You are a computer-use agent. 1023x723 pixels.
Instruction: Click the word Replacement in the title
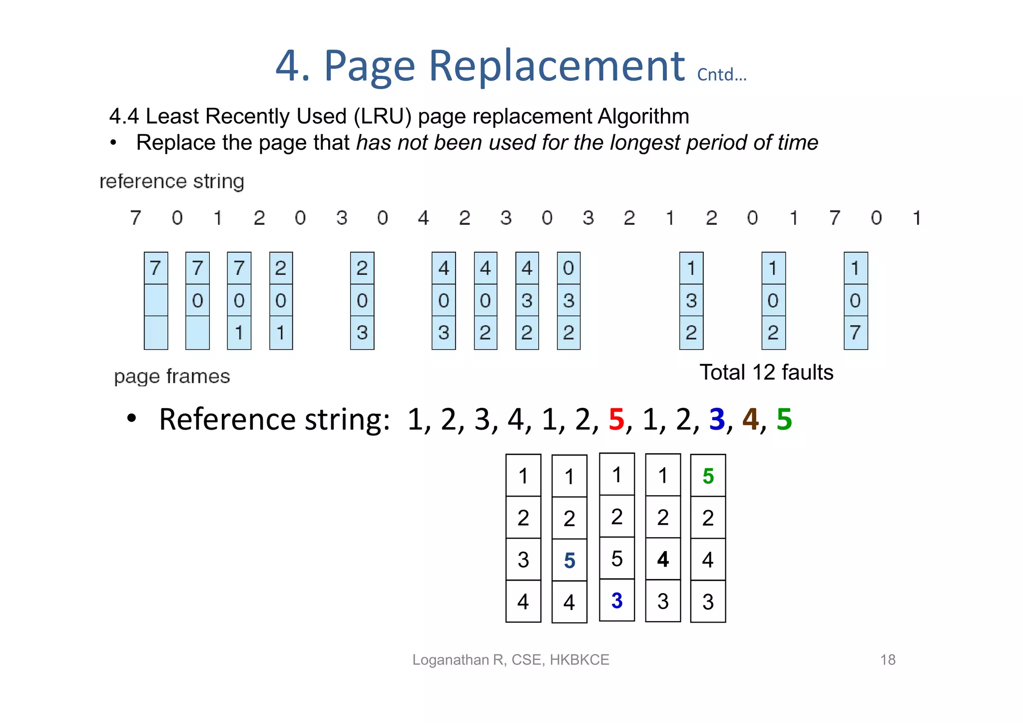pos(556,66)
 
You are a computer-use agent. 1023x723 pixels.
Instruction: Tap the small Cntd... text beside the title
pos(721,75)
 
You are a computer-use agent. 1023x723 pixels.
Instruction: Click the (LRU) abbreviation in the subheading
pos(383,116)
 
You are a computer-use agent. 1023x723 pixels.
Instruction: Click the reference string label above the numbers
pos(172,181)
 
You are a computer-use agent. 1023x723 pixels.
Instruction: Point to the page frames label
pos(172,376)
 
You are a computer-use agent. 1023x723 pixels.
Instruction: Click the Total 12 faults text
pos(766,372)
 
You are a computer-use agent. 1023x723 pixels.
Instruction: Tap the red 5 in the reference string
pos(616,419)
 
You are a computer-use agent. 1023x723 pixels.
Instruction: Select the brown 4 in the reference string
pos(750,419)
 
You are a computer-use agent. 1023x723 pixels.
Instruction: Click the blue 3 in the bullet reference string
pos(717,419)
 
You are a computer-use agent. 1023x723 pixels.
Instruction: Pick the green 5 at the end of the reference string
pos(784,419)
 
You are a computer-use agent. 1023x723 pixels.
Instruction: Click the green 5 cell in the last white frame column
pos(708,476)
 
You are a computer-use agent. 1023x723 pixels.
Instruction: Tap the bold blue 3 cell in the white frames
pos(617,601)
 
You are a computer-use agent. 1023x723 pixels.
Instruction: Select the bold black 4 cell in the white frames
pos(663,559)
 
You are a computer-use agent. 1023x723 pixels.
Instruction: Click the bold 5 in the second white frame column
pos(569,561)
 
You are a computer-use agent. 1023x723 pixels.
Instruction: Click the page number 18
pos(888,660)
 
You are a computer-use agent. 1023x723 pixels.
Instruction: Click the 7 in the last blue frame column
pos(855,333)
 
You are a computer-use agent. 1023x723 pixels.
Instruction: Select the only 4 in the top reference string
pos(424,218)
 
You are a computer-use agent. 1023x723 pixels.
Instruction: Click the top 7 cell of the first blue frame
pos(155,268)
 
